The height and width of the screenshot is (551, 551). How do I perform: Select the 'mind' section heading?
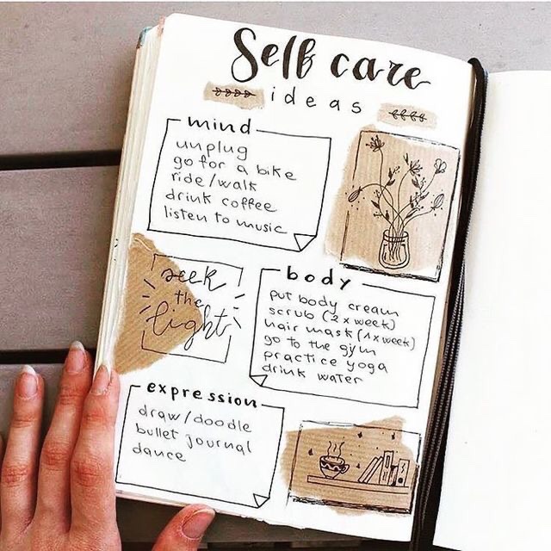coord(220,126)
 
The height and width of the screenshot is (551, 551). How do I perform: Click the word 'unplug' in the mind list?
coord(212,148)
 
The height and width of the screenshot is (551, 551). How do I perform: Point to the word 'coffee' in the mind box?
coord(249,205)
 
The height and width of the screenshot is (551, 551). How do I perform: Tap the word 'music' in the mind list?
coord(259,225)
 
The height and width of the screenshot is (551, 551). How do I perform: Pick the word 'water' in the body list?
coord(339,378)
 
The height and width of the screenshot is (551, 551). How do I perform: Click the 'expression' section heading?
coord(201,394)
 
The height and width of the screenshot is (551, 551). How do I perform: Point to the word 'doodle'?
coord(222,423)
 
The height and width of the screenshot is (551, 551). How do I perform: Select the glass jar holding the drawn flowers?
coord(394,249)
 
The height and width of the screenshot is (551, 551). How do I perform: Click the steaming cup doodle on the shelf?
coord(333,461)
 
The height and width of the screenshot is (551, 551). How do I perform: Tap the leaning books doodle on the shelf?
coord(384,468)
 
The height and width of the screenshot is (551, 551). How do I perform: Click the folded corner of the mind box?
coord(302,242)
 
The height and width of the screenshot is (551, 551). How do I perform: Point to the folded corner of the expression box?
coord(260,500)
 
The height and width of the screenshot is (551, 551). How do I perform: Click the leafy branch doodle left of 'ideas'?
coord(233,94)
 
